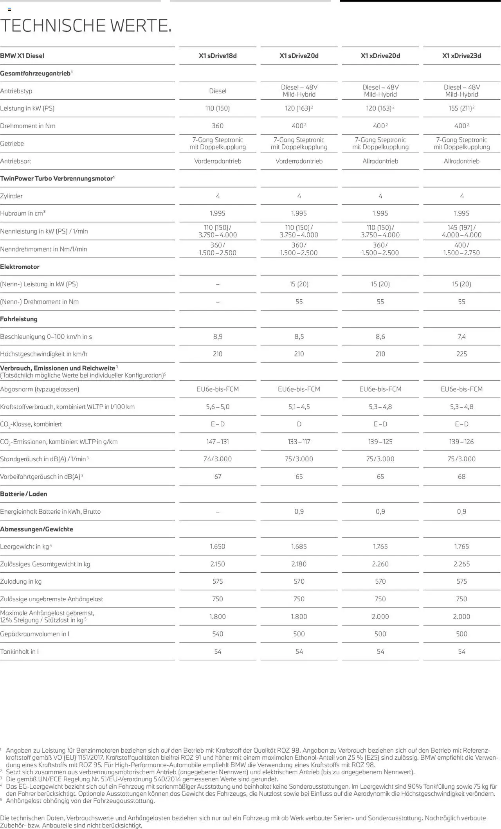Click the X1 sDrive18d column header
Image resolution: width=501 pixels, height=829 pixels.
coord(218,56)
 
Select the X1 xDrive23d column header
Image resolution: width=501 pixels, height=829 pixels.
coord(461,56)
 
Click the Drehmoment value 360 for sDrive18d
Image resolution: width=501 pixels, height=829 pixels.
coord(218,126)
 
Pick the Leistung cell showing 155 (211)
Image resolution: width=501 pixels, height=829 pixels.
coord(461,108)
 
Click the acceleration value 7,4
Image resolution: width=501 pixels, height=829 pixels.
coord(461,336)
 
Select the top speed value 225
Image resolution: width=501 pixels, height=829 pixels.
coord(461,354)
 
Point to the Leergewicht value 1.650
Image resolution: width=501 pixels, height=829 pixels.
coord(218,547)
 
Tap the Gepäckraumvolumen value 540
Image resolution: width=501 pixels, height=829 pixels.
coord(218,634)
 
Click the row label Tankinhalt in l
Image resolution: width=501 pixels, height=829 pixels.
coord(20,651)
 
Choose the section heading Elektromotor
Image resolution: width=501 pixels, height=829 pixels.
coord(20,267)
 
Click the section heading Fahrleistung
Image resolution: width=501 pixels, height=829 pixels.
coord(19,319)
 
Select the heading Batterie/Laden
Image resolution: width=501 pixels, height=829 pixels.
coord(23,494)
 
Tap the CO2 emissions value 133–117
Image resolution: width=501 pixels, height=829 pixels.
coord(299,442)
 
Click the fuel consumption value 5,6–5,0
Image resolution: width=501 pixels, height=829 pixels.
coord(218,407)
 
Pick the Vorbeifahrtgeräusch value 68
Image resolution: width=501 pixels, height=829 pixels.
coord(461,477)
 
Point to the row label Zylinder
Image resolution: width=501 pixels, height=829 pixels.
coord(11,196)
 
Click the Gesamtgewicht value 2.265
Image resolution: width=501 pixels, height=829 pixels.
coord(461,564)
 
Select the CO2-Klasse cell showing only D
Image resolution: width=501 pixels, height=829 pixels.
coord(299,424)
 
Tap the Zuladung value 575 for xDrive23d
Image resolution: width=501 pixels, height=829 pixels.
coord(461,581)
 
